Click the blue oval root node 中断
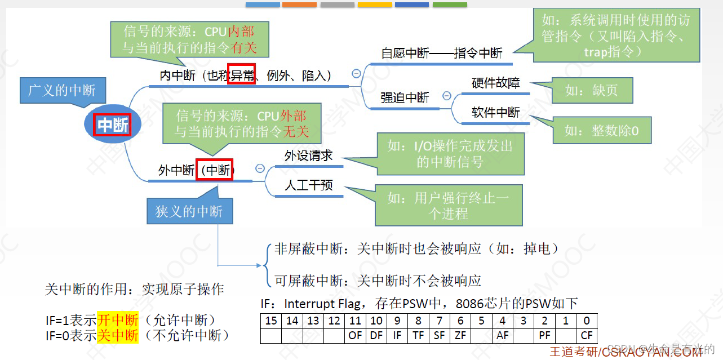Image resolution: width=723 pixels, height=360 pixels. tap(113, 125)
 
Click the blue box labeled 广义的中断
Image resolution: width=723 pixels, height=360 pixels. tap(62, 90)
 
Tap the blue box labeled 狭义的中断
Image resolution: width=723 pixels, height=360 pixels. tap(189, 211)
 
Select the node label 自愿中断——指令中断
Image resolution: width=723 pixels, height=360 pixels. tap(441, 54)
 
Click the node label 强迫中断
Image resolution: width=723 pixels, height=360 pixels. tap(405, 97)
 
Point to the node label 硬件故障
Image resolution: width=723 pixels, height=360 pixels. tap(495, 83)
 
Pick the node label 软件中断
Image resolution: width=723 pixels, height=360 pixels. tap(495, 112)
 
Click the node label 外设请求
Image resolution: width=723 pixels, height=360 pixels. tap(308, 155)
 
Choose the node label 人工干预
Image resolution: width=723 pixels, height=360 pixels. tap(308, 185)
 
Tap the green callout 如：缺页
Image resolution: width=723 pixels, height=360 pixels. tap(591, 91)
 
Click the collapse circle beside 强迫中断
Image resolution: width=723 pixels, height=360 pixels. tap(447, 96)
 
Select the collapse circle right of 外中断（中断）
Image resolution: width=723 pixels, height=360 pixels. tap(260, 168)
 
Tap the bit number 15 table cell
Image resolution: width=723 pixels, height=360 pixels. tap(272, 321)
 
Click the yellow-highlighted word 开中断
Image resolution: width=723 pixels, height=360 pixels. tap(117, 321)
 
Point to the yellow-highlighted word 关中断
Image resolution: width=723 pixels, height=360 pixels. tap(117, 336)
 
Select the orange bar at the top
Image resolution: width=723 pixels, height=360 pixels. tap(299, 5)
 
